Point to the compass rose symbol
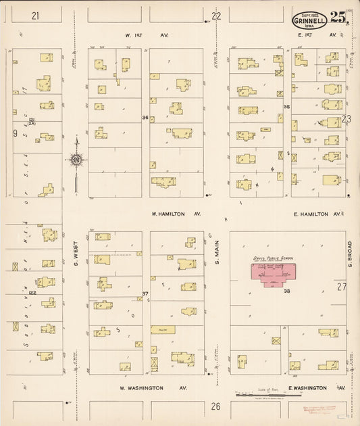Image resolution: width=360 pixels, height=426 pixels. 76,160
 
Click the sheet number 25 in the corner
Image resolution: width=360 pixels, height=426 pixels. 339,19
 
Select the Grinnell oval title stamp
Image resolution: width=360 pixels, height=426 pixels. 309,21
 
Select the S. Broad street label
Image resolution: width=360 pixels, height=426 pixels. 351,254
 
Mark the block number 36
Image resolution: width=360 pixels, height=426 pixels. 145,118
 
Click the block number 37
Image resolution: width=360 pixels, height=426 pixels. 145,293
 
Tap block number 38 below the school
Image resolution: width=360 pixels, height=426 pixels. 286,291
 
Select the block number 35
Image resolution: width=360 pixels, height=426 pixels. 286,107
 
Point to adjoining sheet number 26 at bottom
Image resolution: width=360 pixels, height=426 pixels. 215,406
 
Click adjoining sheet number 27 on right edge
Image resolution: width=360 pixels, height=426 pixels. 342,287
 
